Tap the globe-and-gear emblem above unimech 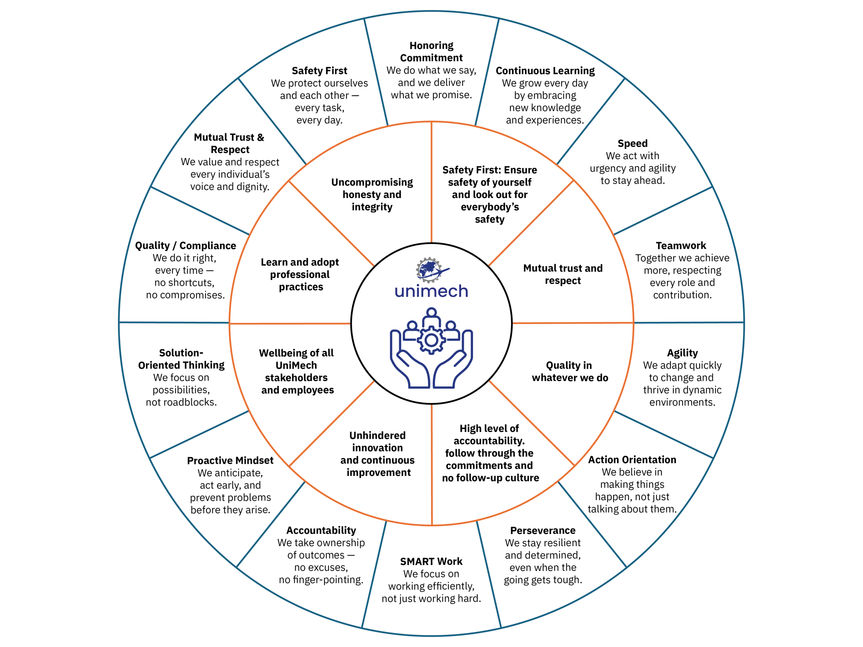pyautogui.click(x=430, y=270)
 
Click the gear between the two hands pyautogui.click(x=431, y=340)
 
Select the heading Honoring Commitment pyautogui.click(x=431, y=52)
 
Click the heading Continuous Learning pyautogui.click(x=545, y=70)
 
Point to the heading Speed pyautogui.click(x=632, y=144)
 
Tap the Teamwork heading pyautogui.click(x=681, y=246)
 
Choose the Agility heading pyautogui.click(x=682, y=353)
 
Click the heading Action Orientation pyautogui.click(x=632, y=460)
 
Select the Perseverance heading pyautogui.click(x=543, y=530)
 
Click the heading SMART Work pyautogui.click(x=431, y=562)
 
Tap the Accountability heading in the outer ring pyautogui.click(x=321, y=530)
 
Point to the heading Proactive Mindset pyautogui.click(x=230, y=461)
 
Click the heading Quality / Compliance pyautogui.click(x=186, y=246)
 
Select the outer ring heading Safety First pyautogui.click(x=319, y=70)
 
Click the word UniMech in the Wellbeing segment pyautogui.click(x=296, y=365)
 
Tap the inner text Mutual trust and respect pyautogui.click(x=563, y=274)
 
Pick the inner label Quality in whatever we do pyautogui.click(x=570, y=371)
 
